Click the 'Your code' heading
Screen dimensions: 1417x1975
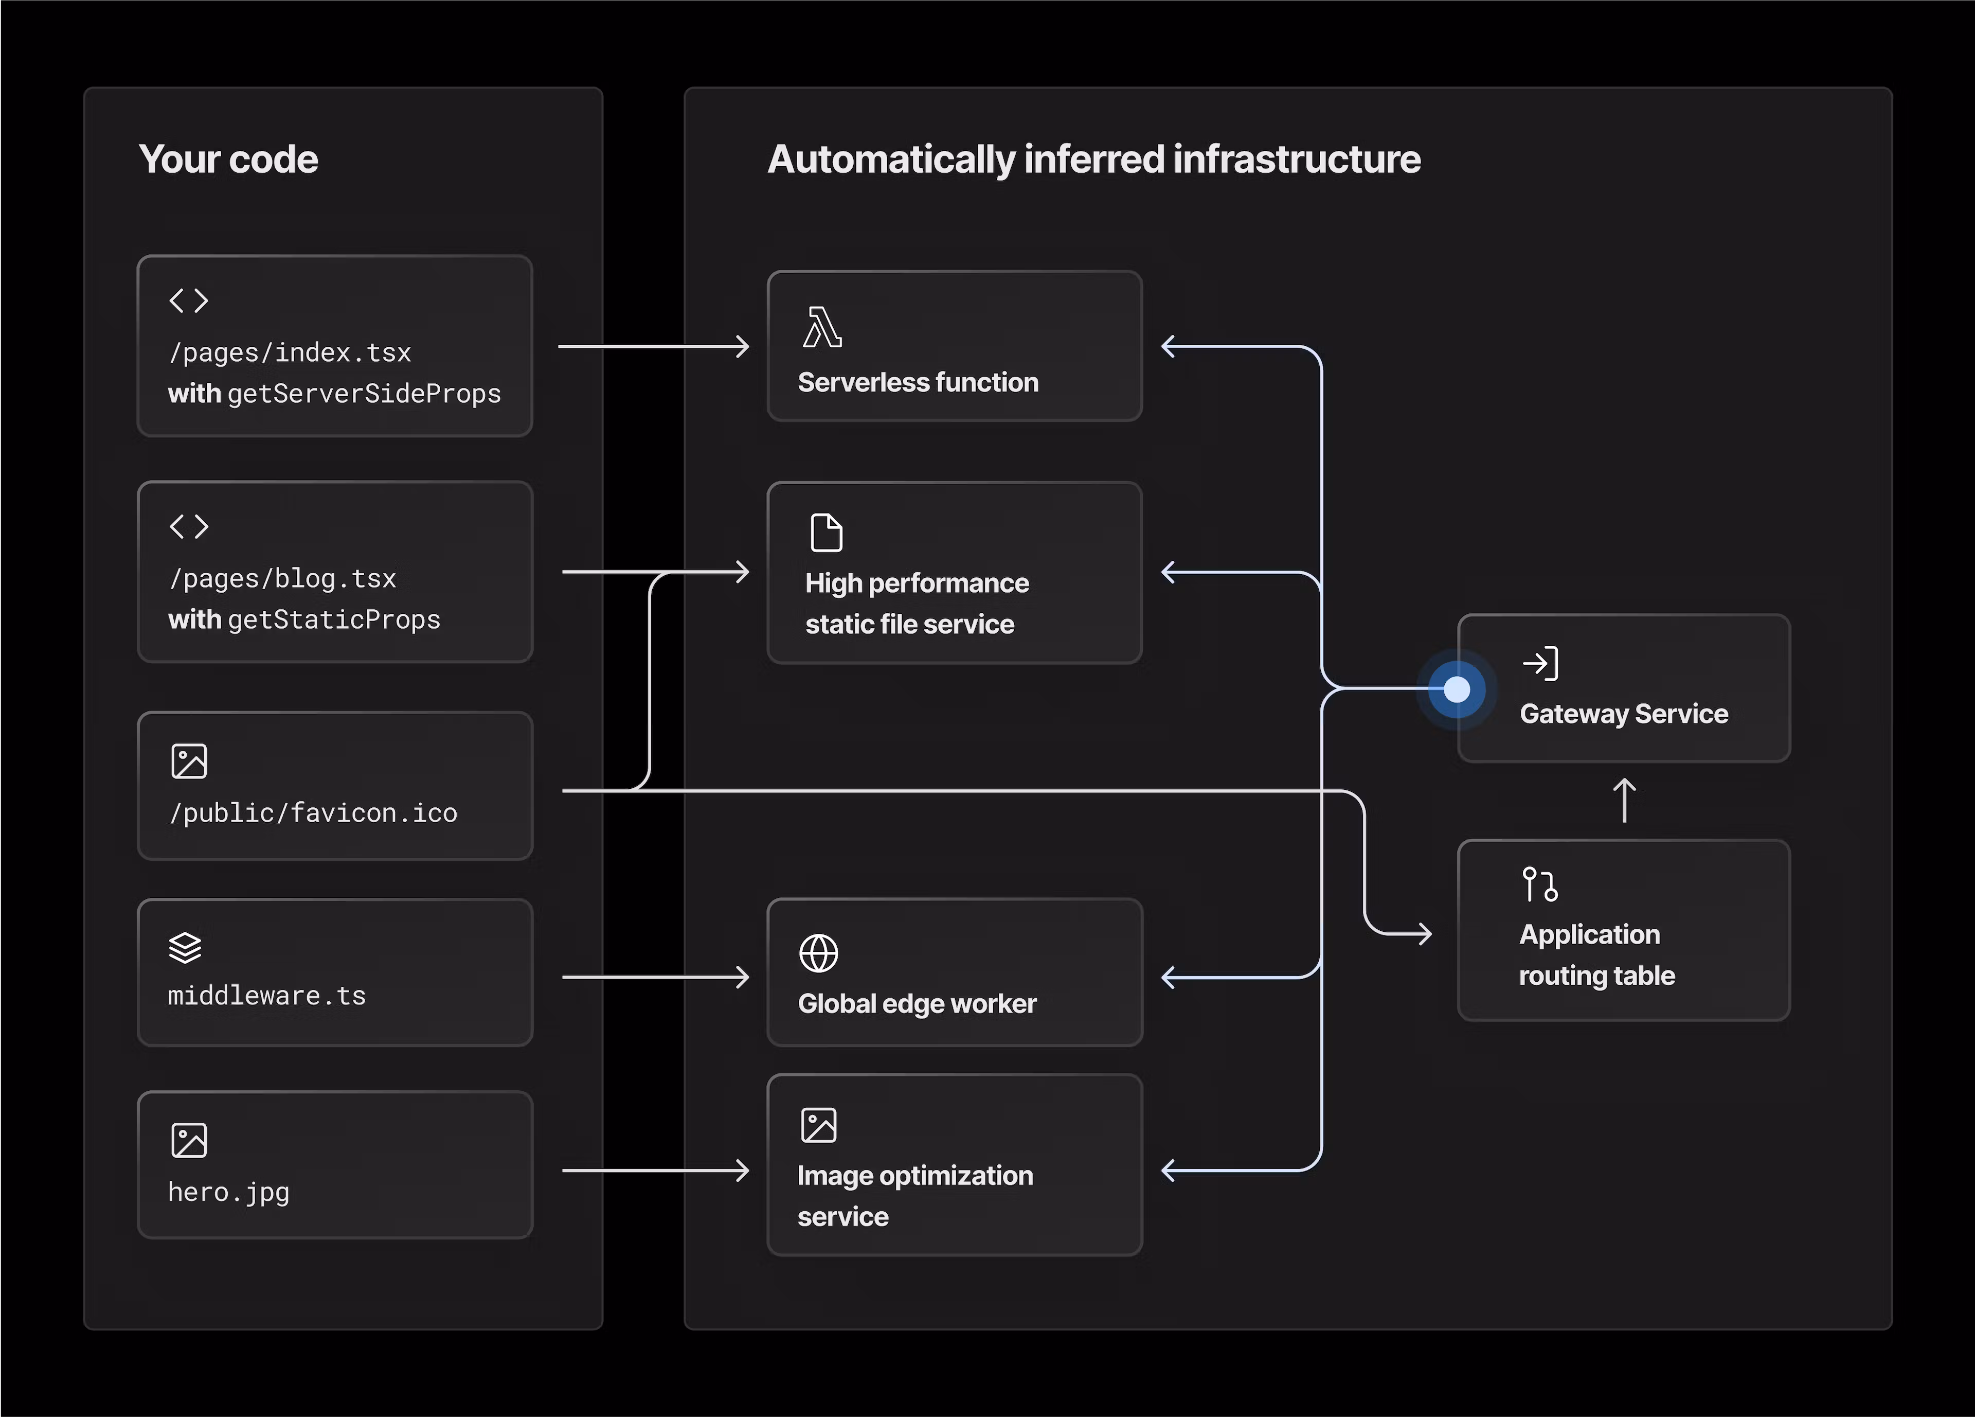(x=228, y=160)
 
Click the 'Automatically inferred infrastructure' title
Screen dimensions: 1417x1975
(x=1094, y=160)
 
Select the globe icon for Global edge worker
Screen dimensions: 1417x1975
(x=819, y=953)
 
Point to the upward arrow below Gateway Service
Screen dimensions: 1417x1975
(x=1624, y=800)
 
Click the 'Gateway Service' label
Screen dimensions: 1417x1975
(x=1623, y=714)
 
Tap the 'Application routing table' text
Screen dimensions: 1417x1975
(x=1595, y=954)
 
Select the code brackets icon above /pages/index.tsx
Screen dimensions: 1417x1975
(x=189, y=300)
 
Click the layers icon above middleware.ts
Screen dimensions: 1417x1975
(x=185, y=948)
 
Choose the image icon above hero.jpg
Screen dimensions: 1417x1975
(x=189, y=1140)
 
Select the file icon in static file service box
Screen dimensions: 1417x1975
(x=827, y=533)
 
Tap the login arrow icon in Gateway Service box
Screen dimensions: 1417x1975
(x=1539, y=664)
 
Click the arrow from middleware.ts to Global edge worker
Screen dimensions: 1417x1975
(x=655, y=977)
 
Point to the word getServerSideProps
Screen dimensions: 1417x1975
(x=364, y=394)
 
